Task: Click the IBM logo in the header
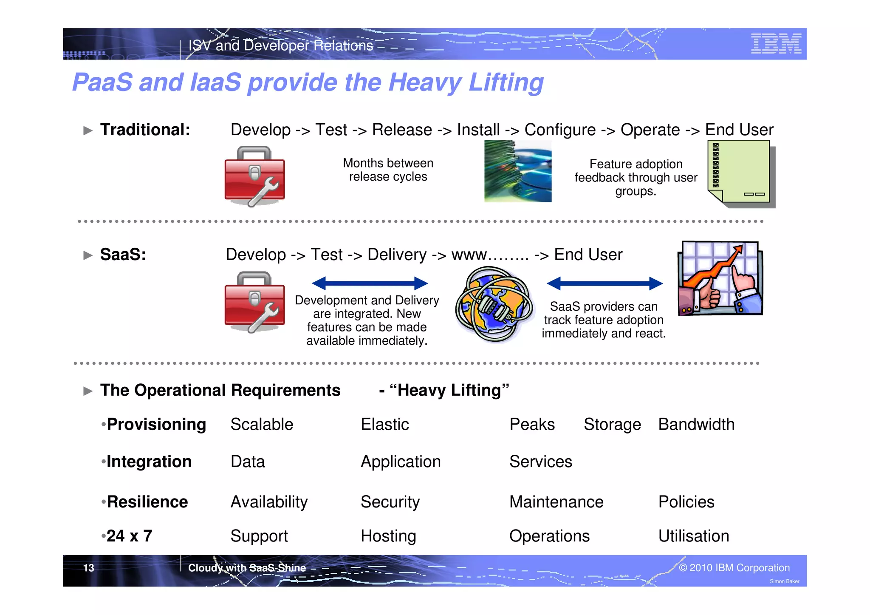tap(776, 44)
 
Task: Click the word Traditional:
tap(145, 130)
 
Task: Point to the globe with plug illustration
tap(494, 304)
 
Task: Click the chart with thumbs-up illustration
tap(720, 278)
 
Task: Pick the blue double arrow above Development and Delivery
tap(370, 283)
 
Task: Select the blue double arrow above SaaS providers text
tap(604, 283)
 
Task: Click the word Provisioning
tap(156, 424)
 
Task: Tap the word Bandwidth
tap(696, 424)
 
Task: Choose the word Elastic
tap(385, 424)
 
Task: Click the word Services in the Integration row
tap(541, 462)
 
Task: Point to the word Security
tap(390, 502)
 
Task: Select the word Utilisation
tap(694, 536)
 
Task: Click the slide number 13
tap(88, 568)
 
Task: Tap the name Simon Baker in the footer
tap(784, 581)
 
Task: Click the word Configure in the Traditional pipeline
tap(560, 130)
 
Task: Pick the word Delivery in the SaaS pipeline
tap(397, 255)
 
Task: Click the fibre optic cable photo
tap(518, 171)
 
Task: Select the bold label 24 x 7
tap(129, 536)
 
